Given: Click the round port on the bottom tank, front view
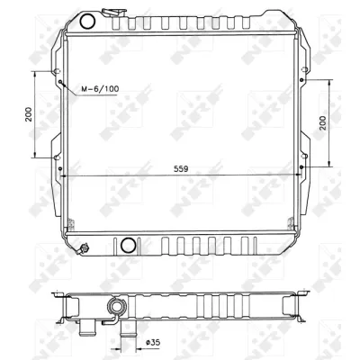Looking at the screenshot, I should [127, 244].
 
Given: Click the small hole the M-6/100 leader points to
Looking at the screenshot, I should [61, 85].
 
